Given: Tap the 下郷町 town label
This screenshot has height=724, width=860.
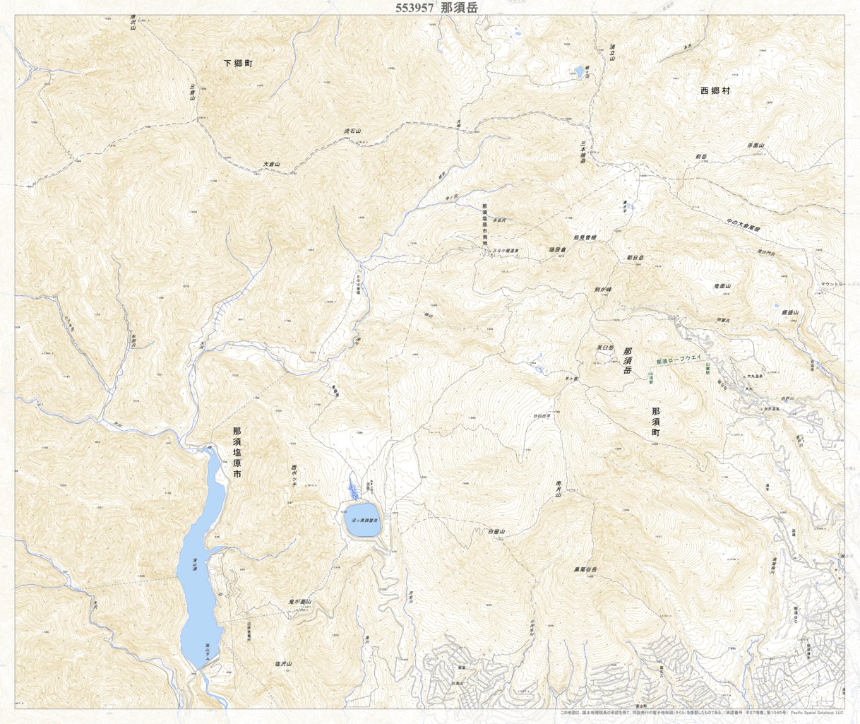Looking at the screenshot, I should coord(238,63).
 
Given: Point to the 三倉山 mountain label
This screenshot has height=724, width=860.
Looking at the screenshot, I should coord(192,93).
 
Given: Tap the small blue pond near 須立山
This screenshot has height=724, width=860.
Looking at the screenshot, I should coord(579,72).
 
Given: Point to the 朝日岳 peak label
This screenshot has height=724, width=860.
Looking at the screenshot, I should coord(635,258).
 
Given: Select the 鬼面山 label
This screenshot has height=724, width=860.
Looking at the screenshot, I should coord(722,286).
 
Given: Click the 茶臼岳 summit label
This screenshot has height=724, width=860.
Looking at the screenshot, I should coord(606,348).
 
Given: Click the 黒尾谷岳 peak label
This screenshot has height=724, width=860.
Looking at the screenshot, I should coord(585,569).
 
